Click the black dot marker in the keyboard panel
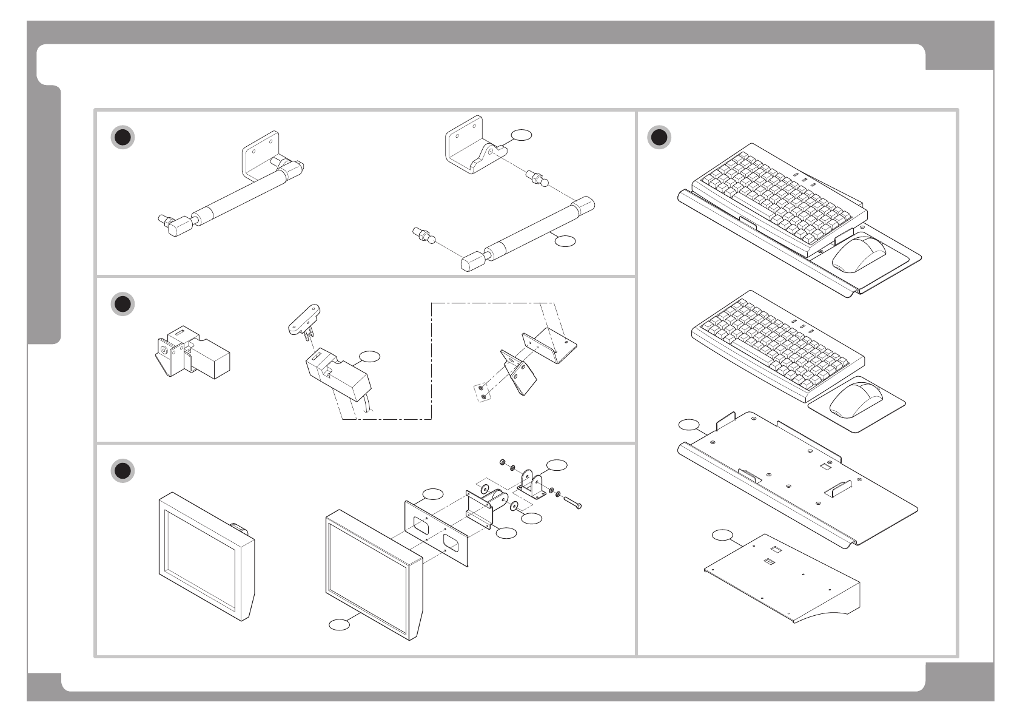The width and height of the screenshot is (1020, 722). pos(659,137)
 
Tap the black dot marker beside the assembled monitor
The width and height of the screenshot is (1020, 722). pos(122,471)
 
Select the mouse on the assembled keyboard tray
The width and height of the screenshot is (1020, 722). pos(859,254)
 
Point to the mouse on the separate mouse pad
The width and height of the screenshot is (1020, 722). pos(856,399)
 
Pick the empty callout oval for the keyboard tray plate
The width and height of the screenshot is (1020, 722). pos(688,425)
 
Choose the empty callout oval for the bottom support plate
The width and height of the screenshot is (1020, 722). pos(722,535)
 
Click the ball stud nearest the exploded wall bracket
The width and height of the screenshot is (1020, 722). pos(537,178)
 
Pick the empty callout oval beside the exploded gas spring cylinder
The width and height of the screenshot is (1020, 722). pos(565,241)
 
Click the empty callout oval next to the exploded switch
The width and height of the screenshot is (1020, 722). pos(369,356)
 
